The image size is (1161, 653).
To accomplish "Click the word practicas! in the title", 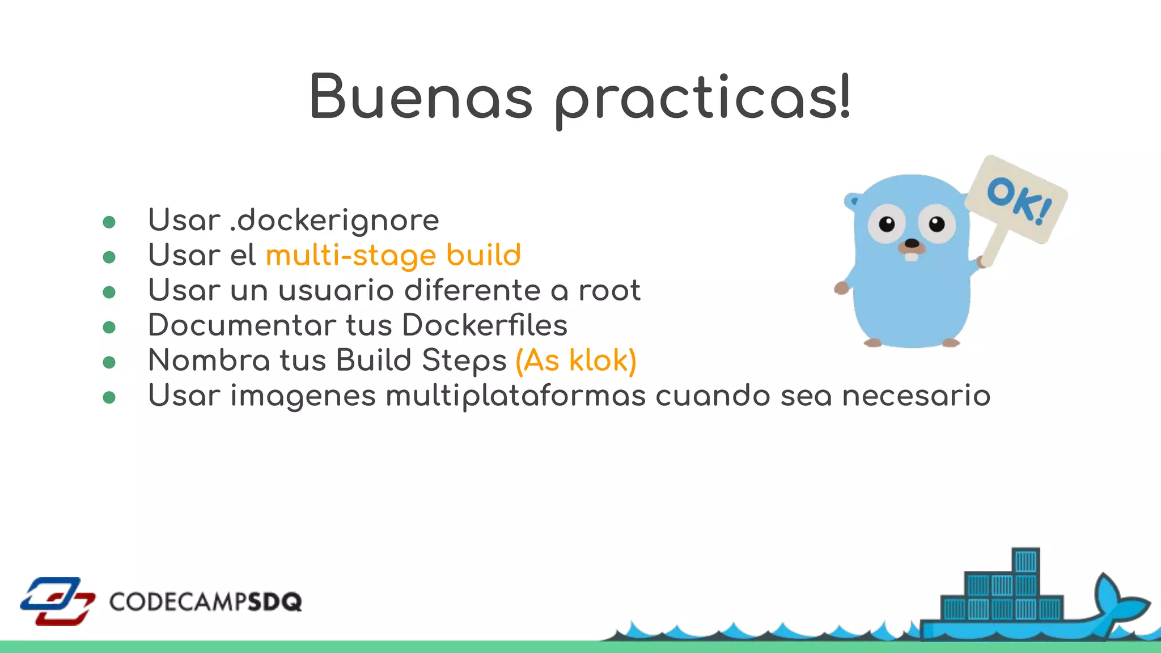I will click(x=702, y=99).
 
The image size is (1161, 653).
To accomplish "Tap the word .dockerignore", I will click(x=334, y=220).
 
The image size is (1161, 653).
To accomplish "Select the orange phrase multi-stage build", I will click(x=393, y=255).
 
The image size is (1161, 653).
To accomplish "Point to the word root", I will click(x=609, y=290).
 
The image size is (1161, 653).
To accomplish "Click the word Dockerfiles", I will click(x=485, y=325).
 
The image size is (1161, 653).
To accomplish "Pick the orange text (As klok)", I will click(x=575, y=361).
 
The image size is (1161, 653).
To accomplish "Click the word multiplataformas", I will click(x=515, y=396).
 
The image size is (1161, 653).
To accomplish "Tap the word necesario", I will click(x=916, y=396).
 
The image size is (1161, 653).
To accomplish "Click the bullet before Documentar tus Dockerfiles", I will click(x=109, y=327).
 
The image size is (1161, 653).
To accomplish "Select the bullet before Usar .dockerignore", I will click(x=109, y=222).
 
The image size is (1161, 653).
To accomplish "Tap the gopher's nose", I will click(x=912, y=244).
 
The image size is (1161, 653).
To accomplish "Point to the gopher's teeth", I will click(x=911, y=256).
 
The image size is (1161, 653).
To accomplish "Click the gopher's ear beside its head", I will click(x=852, y=201).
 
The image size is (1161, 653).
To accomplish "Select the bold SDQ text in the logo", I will click(x=275, y=601).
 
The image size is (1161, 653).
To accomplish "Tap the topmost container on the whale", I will click(x=1026, y=561).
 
